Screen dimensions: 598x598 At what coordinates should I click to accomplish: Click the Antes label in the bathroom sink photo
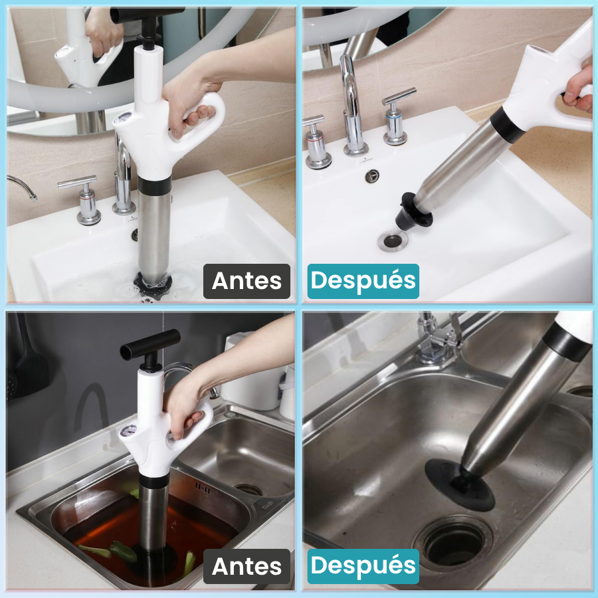tap(247, 281)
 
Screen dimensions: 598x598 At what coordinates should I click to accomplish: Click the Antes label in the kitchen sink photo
tap(247, 566)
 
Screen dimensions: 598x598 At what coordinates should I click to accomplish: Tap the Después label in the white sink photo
tap(363, 281)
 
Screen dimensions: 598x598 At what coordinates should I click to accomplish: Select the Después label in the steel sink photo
tap(363, 566)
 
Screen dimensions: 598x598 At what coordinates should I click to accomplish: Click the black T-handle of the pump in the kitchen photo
tap(150, 344)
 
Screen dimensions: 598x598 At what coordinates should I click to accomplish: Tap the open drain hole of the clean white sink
tap(393, 241)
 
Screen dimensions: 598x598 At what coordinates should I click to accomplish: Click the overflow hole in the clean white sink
tap(372, 176)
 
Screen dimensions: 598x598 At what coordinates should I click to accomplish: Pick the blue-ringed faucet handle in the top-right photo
tap(397, 117)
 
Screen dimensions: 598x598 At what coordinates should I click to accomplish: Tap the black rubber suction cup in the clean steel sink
tap(460, 484)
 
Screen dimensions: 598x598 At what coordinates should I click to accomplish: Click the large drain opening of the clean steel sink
tap(453, 542)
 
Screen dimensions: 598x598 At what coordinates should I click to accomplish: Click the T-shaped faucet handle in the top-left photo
tap(83, 199)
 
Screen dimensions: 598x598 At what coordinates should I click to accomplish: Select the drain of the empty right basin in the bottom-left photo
tap(248, 489)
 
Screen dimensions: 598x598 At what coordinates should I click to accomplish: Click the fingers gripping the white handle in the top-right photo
tap(579, 92)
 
